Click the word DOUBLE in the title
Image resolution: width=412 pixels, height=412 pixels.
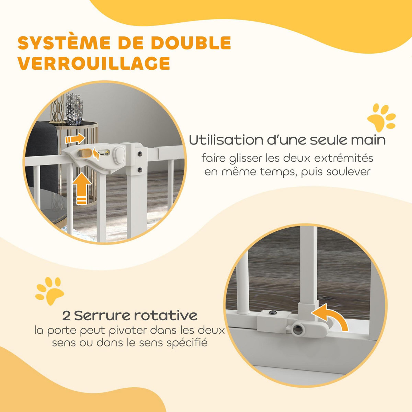click(x=191, y=43)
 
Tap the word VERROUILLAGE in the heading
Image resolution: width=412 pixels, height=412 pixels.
click(x=94, y=63)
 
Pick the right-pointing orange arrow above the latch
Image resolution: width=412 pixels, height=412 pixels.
click(x=75, y=139)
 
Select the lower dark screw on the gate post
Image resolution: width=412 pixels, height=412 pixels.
click(x=140, y=170)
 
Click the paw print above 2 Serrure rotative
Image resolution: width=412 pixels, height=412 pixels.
click(x=50, y=291)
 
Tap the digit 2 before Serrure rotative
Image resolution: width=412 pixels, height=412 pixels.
click(x=66, y=316)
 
